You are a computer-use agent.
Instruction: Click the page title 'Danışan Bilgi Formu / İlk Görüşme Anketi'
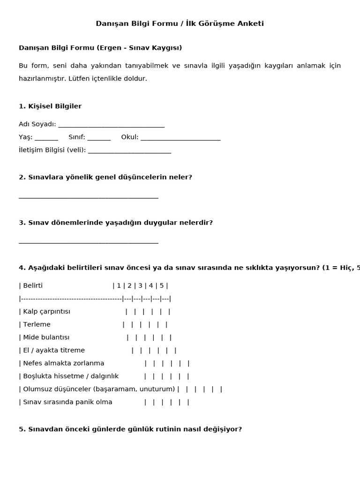tap(180, 23)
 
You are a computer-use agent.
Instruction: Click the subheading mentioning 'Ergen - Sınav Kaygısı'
tap(100, 48)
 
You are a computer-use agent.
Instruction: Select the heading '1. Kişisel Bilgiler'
tap(50, 106)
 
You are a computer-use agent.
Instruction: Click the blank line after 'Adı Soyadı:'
tap(111, 125)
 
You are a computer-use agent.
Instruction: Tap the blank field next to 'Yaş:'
tap(46, 138)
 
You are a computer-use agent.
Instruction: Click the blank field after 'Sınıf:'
tap(99, 138)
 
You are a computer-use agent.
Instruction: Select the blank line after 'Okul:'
tap(180, 138)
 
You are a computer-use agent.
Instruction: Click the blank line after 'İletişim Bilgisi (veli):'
tap(129, 150)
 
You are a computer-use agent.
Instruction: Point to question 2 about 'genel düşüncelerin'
tap(105, 177)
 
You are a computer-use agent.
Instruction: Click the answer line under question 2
tap(89, 197)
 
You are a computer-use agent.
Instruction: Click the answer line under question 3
tap(89, 242)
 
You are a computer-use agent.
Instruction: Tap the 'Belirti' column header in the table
tap(33, 285)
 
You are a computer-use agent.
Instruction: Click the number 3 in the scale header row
tap(140, 285)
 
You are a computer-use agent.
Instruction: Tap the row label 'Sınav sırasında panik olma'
tap(67, 402)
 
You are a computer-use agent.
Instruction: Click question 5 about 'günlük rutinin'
tap(130, 429)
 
